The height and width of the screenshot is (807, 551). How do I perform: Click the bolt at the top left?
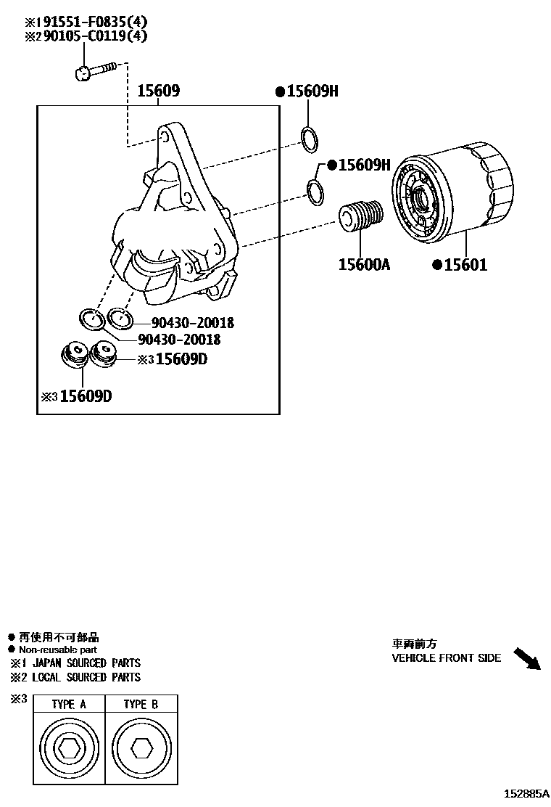point(94,70)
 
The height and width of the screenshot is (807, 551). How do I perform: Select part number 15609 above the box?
point(159,91)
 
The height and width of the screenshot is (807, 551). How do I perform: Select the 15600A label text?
point(364,265)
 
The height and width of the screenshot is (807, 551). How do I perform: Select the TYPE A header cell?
point(69,705)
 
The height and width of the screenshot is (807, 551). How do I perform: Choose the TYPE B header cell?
point(141,705)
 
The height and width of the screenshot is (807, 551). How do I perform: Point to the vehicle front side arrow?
point(527,658)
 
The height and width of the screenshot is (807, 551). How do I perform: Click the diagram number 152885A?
point(527,794)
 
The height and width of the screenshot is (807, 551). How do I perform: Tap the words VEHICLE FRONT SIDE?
point(446,658)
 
